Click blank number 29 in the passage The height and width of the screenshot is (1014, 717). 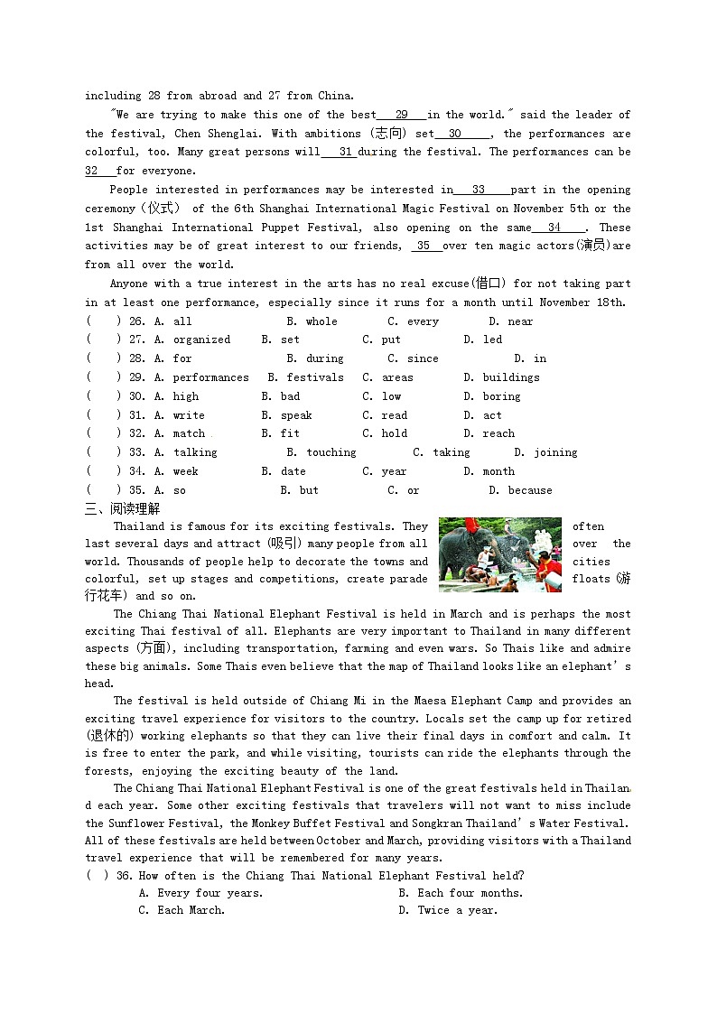coord(401,115)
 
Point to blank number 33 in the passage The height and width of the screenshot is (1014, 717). coord(479,190)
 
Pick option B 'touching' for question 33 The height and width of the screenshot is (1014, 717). coord(331,453)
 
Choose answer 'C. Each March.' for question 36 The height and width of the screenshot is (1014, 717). coord(182,910)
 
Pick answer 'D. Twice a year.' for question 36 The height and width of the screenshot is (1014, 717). coord(448,910)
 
